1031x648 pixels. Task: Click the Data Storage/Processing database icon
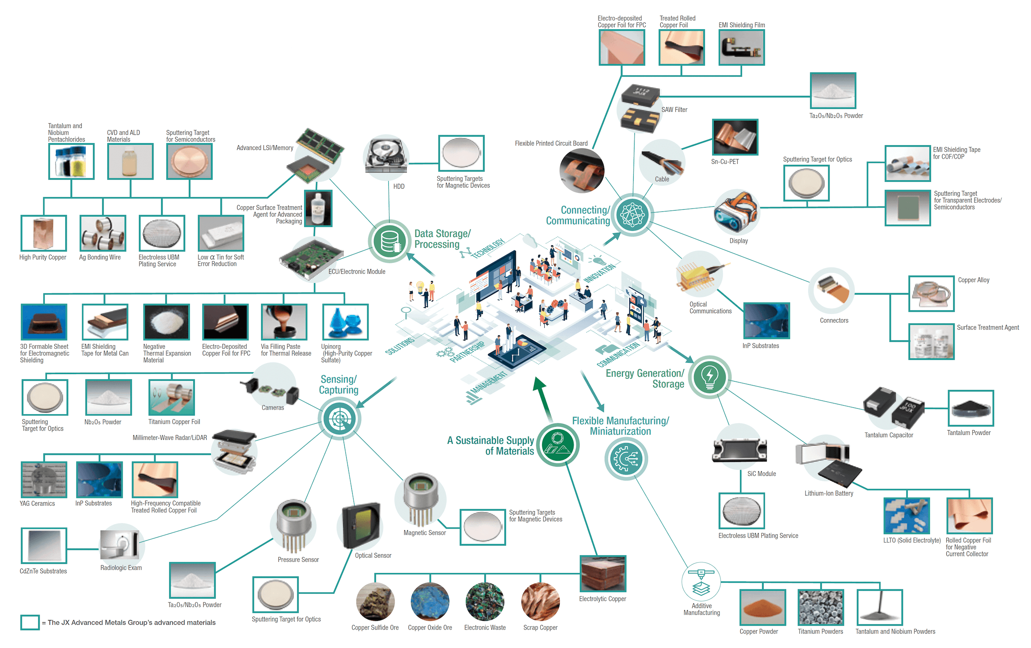(x=389, y=241)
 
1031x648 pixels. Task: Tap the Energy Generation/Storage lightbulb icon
(x=710, y=377)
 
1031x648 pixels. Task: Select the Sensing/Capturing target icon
(x=339, y=418)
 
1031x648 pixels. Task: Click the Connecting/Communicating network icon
(x=632, y=214)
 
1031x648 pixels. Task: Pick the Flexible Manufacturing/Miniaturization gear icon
(x=626, y=458)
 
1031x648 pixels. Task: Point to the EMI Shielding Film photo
(x=741, y=47)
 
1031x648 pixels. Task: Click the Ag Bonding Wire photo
(x=103, y=233)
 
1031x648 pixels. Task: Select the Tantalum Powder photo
(x=971, y=408)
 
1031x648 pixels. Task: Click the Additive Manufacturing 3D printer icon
(x=701, y=581)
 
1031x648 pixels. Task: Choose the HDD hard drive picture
(x=387, y=158)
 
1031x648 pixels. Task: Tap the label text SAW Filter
(x=674, y=110)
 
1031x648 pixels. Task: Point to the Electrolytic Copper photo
(x=603, y=574)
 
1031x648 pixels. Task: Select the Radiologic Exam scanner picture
(x=121, y=544)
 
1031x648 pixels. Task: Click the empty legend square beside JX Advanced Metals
(x=30, y=622)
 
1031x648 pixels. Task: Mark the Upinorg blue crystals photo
(x=345, y=322)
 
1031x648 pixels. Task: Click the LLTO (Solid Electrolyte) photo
(x=906, y=516)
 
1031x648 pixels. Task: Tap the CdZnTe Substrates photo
(x=44, y=546)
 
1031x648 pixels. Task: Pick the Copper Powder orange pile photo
(x=763, y=607)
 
